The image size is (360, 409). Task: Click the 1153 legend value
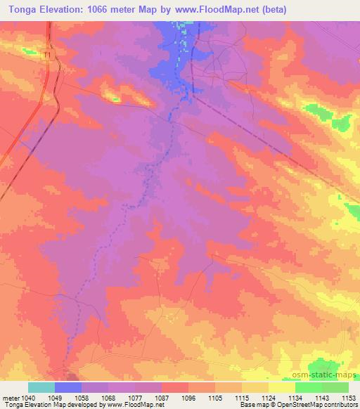tap(349, 397)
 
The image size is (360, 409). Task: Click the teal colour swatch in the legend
tap(41, 387)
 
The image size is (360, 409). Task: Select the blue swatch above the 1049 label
tap(68, 387)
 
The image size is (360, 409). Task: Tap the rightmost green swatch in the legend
tap(335, 387)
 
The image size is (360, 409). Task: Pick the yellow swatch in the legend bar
tap(282, 387)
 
